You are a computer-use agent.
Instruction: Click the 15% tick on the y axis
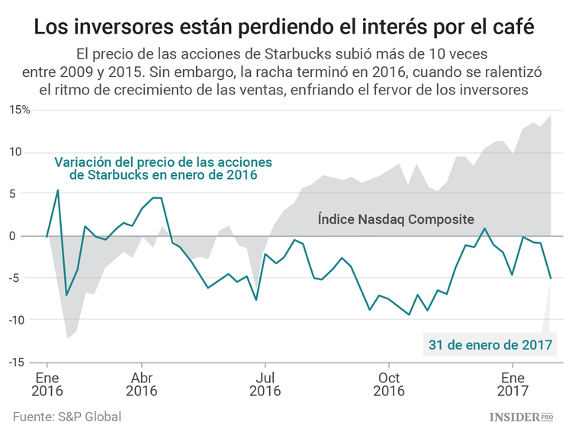click(21, 110)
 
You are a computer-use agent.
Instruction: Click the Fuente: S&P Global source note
click(67, 417)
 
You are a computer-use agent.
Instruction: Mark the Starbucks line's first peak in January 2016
click(57, 190)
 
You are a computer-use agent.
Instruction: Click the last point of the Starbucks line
click(551, 278)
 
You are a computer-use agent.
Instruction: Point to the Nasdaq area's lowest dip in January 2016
click(67, 337)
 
